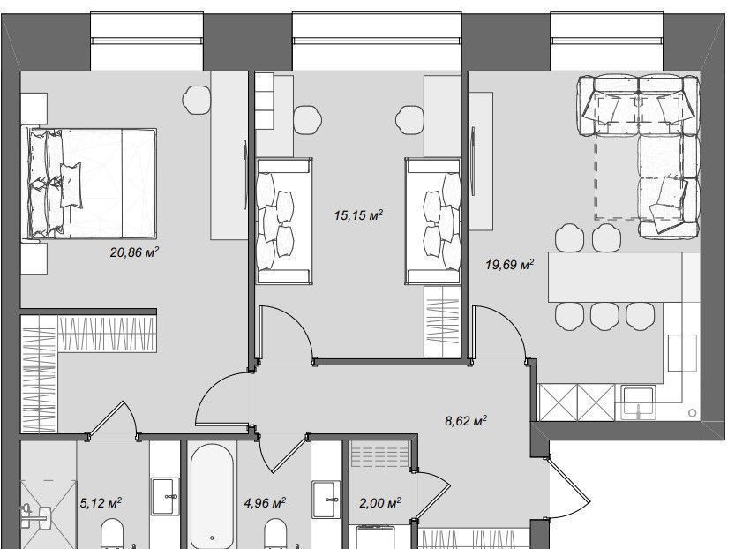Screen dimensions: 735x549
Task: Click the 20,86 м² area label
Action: coord(134,252)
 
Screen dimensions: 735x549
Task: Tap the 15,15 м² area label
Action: coord(358,215)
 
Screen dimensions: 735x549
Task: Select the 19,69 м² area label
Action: coord(509,265)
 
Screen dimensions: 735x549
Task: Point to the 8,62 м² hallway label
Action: coord(466,420)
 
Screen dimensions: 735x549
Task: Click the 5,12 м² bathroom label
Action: coord(101,503)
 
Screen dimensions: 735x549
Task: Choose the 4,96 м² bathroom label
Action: coord(265,503)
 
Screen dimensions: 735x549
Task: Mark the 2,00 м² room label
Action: coord(379,503)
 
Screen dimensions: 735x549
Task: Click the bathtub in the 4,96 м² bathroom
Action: coord(213,495)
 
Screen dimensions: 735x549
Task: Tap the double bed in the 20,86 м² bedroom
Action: coord(90,183)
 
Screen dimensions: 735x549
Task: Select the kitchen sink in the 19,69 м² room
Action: coord(639,402)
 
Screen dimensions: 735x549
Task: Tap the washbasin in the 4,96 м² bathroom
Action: coord(326,499)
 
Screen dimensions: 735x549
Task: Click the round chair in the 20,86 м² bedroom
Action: coord(197,100)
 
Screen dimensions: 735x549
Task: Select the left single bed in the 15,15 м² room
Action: coord(284,222)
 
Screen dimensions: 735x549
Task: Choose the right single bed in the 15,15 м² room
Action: coord(433,222)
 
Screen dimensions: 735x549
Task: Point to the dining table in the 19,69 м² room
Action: coord(615,276)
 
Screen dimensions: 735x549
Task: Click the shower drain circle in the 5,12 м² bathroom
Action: coord(27,508)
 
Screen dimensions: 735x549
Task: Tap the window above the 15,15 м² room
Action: coord(377,42)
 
